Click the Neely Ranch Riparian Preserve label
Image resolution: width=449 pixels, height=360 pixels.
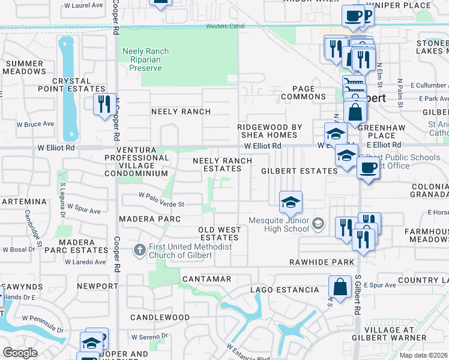(146, 59)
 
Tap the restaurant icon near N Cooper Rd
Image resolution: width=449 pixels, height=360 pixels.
(104, 104)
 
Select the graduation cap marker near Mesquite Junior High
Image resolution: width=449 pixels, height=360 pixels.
(291, 202)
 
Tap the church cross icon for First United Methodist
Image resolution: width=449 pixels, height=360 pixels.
(139, 250)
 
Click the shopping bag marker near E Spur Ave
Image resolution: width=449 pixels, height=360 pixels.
(340, 287)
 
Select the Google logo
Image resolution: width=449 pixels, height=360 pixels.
(20, 352)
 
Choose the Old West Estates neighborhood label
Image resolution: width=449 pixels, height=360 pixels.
(220, 233)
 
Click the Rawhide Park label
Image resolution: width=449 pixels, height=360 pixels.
(322, 262)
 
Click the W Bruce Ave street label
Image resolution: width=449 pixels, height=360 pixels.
(35, 124)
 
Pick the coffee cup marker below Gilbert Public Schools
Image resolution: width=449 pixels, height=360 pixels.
(368, 168)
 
